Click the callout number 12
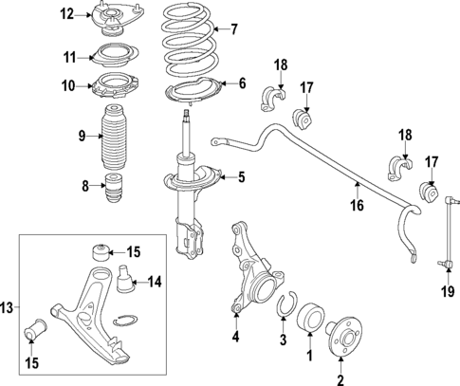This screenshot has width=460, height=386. point(66,13)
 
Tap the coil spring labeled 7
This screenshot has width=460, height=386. point(193,43)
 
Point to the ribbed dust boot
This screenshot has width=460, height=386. point(113,138)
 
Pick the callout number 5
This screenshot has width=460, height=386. point(240,175)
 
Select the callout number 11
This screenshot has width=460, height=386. point(67,58)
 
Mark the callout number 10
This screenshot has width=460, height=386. point(67,86)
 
